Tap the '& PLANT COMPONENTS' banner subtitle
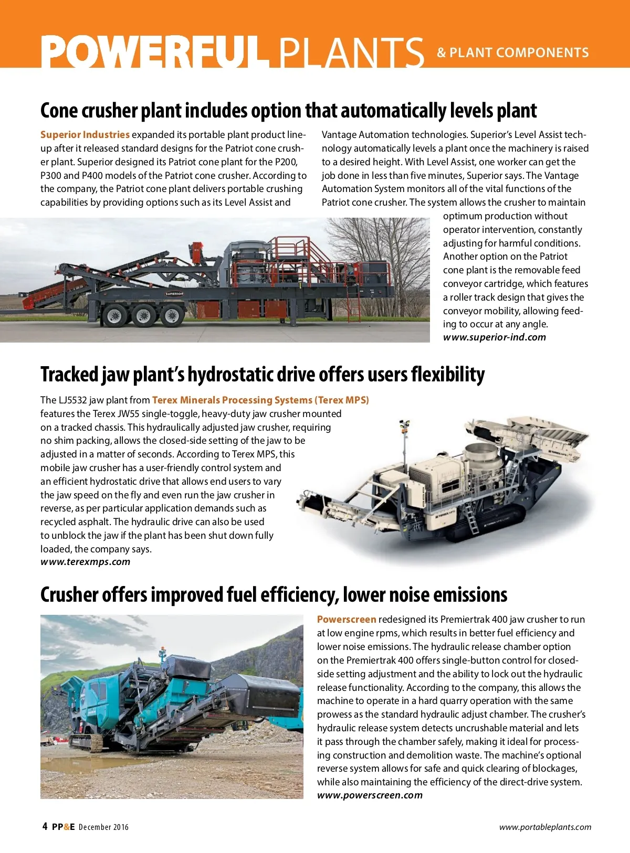512,52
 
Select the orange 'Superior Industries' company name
85,135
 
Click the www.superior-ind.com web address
494,337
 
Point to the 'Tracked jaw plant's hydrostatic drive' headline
262,375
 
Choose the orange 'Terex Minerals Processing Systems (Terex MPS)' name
260,400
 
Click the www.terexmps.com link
85,562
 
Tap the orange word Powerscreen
346,620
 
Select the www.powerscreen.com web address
370,795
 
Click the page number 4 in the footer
45,826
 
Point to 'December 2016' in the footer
103,827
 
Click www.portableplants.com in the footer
545,827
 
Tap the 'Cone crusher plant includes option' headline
288,111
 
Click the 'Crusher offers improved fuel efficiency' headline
274,595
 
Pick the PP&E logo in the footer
63,827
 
